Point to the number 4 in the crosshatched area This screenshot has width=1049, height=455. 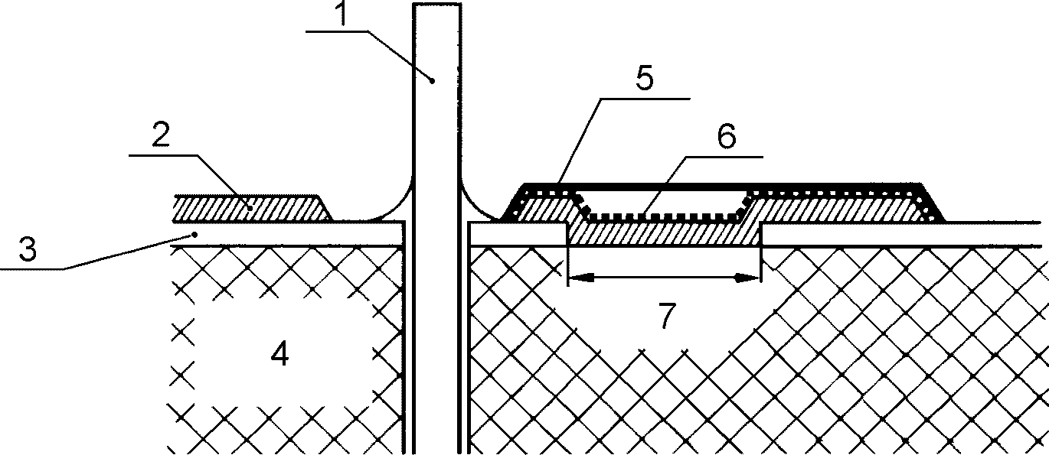tap(281, 354)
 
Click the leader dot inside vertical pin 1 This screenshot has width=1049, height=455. tap(433, 79)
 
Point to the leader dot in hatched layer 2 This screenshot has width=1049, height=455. tap(250, 207)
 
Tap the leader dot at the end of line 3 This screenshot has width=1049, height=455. tap(196, 233)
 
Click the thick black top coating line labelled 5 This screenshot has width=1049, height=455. tap(720, 186)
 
